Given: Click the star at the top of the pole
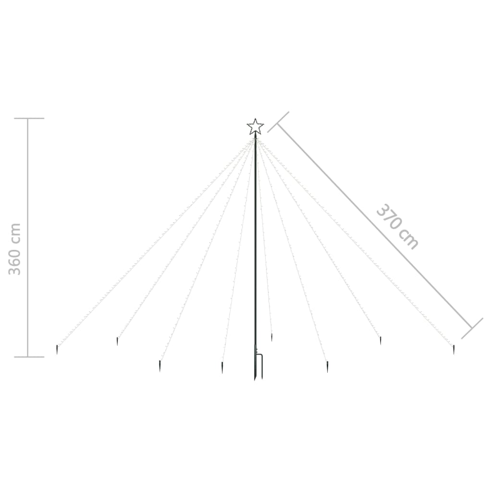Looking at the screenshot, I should tap(255, 127).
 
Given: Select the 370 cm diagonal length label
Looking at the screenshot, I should tap(397, 226).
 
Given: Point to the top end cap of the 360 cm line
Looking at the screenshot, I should tap(29, 118).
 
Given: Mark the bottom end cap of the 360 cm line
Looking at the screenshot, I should tap(29, 357).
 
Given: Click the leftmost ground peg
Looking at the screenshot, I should tap(57, 349).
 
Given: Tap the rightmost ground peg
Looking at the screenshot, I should tap(453, 349).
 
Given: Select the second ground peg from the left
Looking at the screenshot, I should tap(117, 341).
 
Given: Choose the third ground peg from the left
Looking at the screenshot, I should tap(160, 366).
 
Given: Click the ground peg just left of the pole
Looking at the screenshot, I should tap(222, 368).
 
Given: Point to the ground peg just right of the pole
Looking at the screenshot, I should tap(271, 337).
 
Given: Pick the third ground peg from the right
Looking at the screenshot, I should tap(327, 367).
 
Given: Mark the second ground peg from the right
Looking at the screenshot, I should tap(381, 340).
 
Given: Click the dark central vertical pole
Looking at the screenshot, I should tap(255, 240).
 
